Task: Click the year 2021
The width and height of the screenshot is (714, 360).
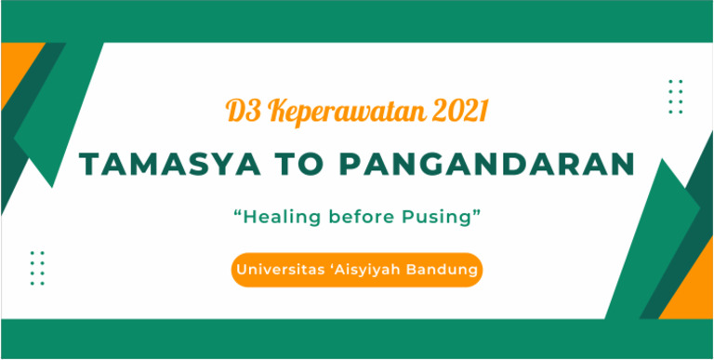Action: [455, 112]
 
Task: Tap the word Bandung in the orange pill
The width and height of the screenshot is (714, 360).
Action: [445, 270]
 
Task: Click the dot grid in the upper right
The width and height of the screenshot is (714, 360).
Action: [676, 97]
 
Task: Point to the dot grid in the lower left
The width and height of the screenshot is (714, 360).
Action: [37, 268]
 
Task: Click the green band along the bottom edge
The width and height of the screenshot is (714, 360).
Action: [357, 339]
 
